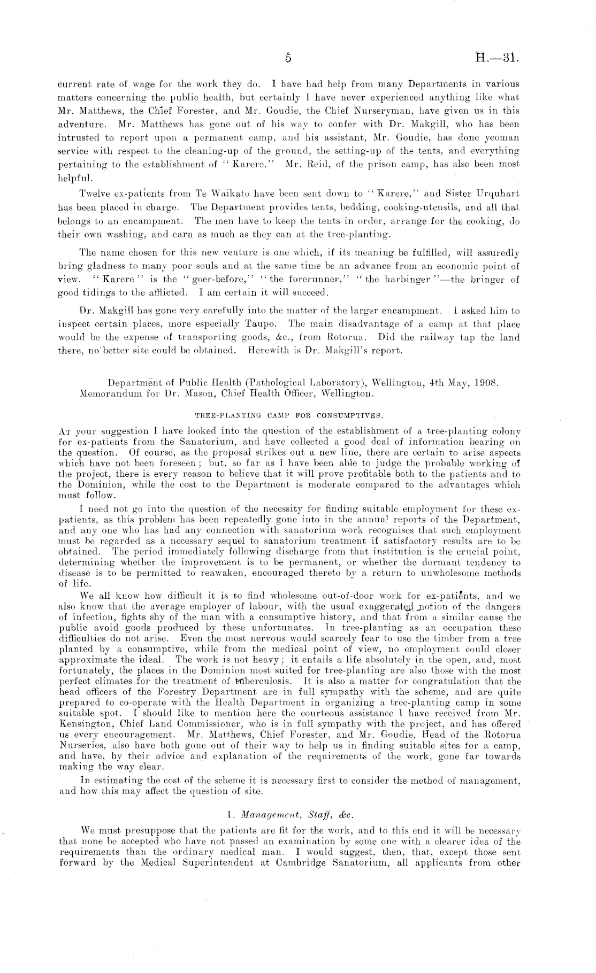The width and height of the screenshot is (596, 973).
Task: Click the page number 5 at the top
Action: click(x=288, y=58)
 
